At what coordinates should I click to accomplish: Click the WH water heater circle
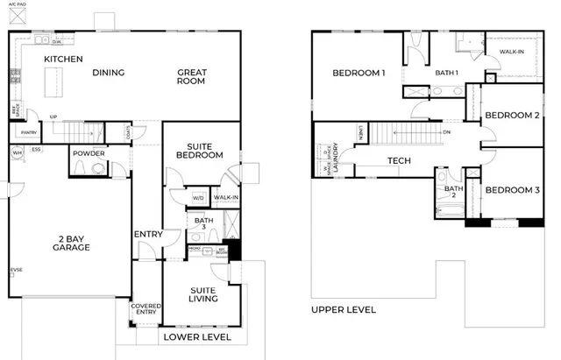pos(16,152)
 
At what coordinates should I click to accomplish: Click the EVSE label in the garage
pos(15,270)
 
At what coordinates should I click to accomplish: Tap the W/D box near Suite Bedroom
pos(198,198)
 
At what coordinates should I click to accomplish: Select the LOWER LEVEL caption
pos(196,336)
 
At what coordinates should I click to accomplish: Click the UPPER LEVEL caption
pos(344,309)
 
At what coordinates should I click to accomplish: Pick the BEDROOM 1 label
pos(359,74)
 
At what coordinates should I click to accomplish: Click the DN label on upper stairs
pos(446,132)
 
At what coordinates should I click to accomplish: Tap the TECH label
pos(400,160)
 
